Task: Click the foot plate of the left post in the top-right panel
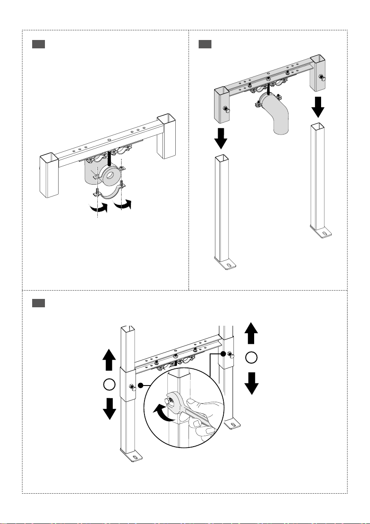pyautogui.click(x=227, y=266)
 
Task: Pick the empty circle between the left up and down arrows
pyautogui.click(x=110, y=385)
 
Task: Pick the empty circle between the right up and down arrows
pyautogui.click(x=251, y=358)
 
